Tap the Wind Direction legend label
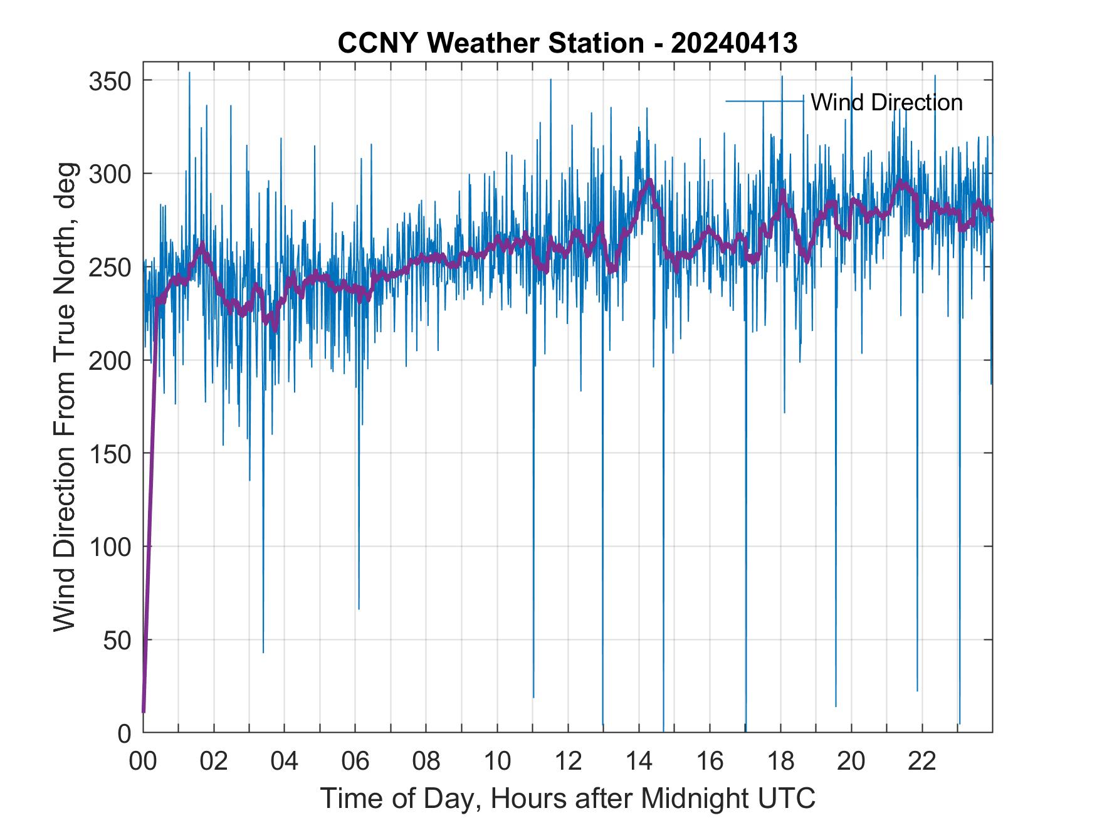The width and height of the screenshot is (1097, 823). (886, 102)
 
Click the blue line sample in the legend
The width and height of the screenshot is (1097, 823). (764, 101)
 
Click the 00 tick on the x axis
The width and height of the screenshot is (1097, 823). (144, 761)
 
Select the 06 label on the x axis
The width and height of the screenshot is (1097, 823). (355, 761)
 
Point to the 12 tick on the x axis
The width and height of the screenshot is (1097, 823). (568, 761)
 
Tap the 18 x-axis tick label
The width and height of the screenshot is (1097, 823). (780, 761)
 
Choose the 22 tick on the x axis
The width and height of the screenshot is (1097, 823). (922, 761)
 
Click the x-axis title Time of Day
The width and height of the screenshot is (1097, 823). (567, 799)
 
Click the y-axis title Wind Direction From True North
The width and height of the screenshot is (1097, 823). (65, 396)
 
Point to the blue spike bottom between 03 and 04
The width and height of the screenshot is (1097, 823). (263, 653)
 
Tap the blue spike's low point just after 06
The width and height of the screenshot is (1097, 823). (359, 609)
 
